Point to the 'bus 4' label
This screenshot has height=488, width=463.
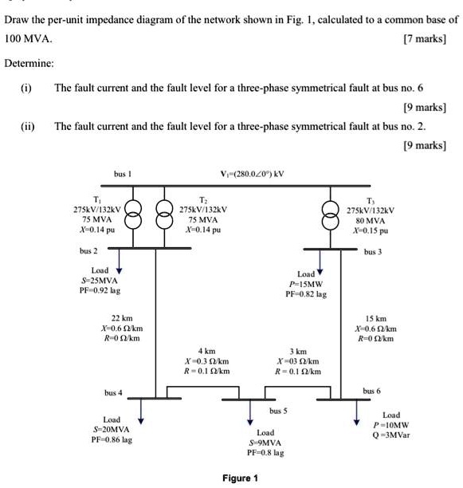(113, 393)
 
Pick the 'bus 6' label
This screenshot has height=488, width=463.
(371, 392)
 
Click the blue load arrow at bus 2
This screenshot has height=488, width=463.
(119, 263)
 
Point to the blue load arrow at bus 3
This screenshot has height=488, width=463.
(320, 263)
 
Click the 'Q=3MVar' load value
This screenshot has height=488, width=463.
(392, 436)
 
